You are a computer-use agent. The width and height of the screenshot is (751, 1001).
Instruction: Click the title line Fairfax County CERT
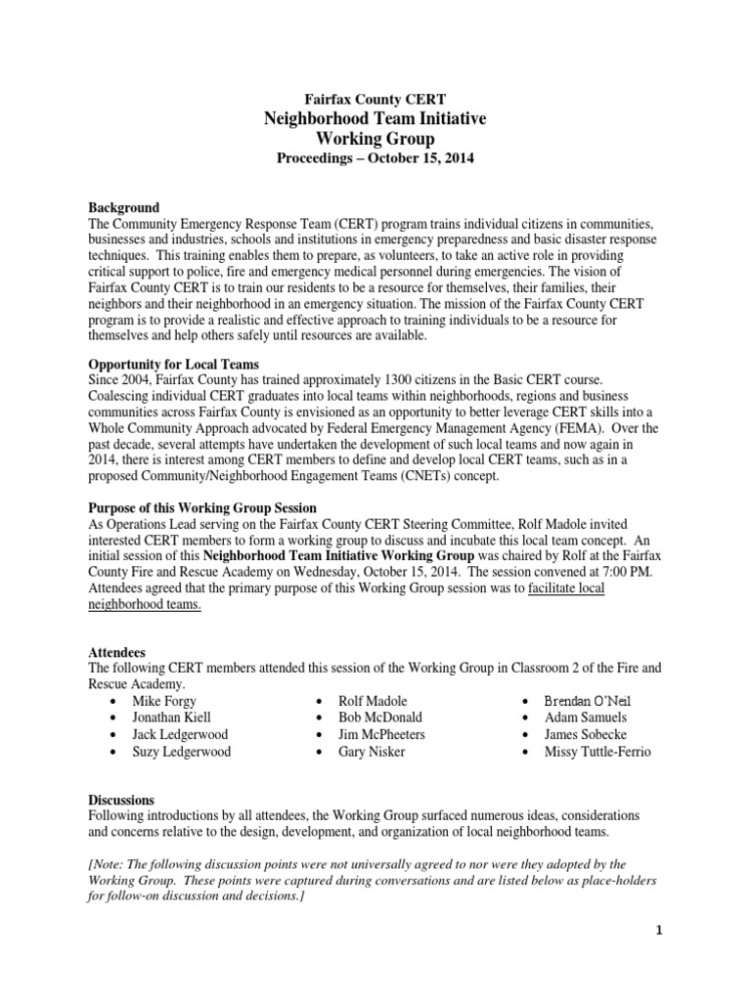point(375,99)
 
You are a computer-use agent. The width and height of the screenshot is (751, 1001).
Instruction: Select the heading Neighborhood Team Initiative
point(375,119)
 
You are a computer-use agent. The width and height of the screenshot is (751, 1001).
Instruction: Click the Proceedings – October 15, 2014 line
point(375,159)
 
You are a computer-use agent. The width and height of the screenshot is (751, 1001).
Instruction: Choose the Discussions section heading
point(121,800)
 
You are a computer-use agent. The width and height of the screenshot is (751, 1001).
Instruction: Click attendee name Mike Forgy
point(164,701)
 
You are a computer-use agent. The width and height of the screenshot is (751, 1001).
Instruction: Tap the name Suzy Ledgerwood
point(182,752)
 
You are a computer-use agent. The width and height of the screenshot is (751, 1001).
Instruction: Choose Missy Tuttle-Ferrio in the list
point(598,752)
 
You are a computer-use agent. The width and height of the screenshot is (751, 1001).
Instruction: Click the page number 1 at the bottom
point(660,930)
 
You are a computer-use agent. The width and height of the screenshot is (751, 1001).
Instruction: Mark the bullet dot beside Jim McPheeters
point(320,735)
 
